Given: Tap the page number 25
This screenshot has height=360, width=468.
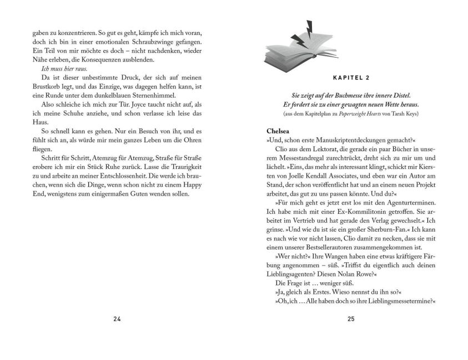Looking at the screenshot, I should coord(350,319).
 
